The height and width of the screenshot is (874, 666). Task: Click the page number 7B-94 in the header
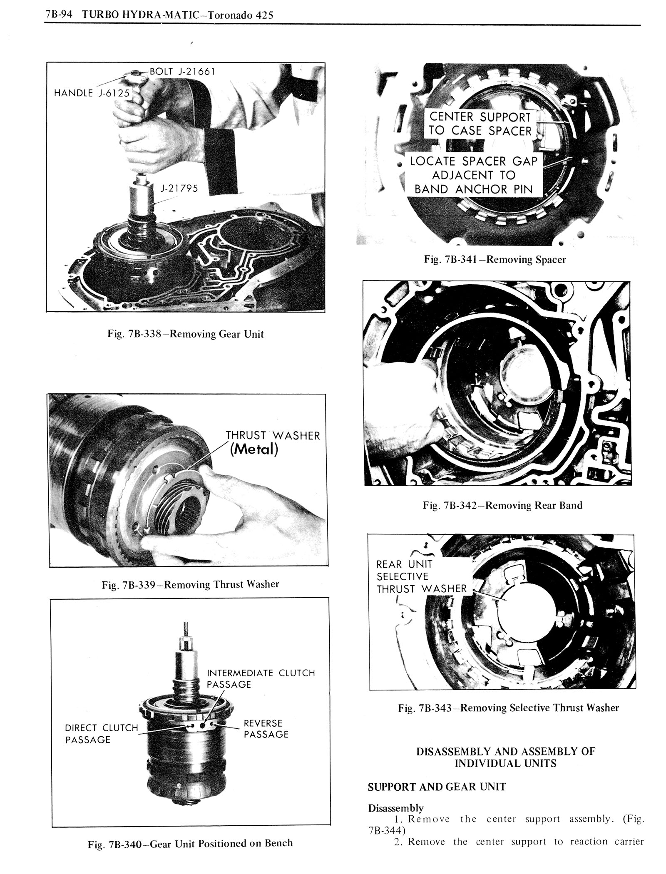pos(60,15)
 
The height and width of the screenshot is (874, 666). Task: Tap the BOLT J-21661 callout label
pos(182,71)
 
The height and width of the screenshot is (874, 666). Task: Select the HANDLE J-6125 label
pos(92,92)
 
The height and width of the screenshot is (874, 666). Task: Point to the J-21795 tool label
pos(179,189)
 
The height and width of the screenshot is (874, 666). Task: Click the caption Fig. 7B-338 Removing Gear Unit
pos(185,334)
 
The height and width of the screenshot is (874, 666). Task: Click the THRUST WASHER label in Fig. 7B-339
pos(273,436)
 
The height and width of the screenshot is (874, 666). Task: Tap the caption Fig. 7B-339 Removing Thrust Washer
pos(190,584)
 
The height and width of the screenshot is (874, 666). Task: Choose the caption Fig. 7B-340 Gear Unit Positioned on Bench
pos(190,843)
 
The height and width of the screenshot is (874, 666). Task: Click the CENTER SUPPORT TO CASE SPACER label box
pos(480,124)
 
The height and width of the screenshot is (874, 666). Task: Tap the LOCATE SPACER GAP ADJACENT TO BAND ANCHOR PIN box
pos(474,175)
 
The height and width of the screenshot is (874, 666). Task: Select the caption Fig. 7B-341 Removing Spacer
pos(495,260)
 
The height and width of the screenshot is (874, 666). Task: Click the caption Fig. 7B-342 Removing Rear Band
pos(502,505)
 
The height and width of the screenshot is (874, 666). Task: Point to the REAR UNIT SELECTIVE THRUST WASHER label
pos(421,576)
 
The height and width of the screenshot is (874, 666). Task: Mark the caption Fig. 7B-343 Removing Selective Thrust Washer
pos(508,708)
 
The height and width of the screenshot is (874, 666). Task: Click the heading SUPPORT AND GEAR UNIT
pos(437,787)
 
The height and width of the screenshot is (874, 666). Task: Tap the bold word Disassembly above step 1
pos(395,808)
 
